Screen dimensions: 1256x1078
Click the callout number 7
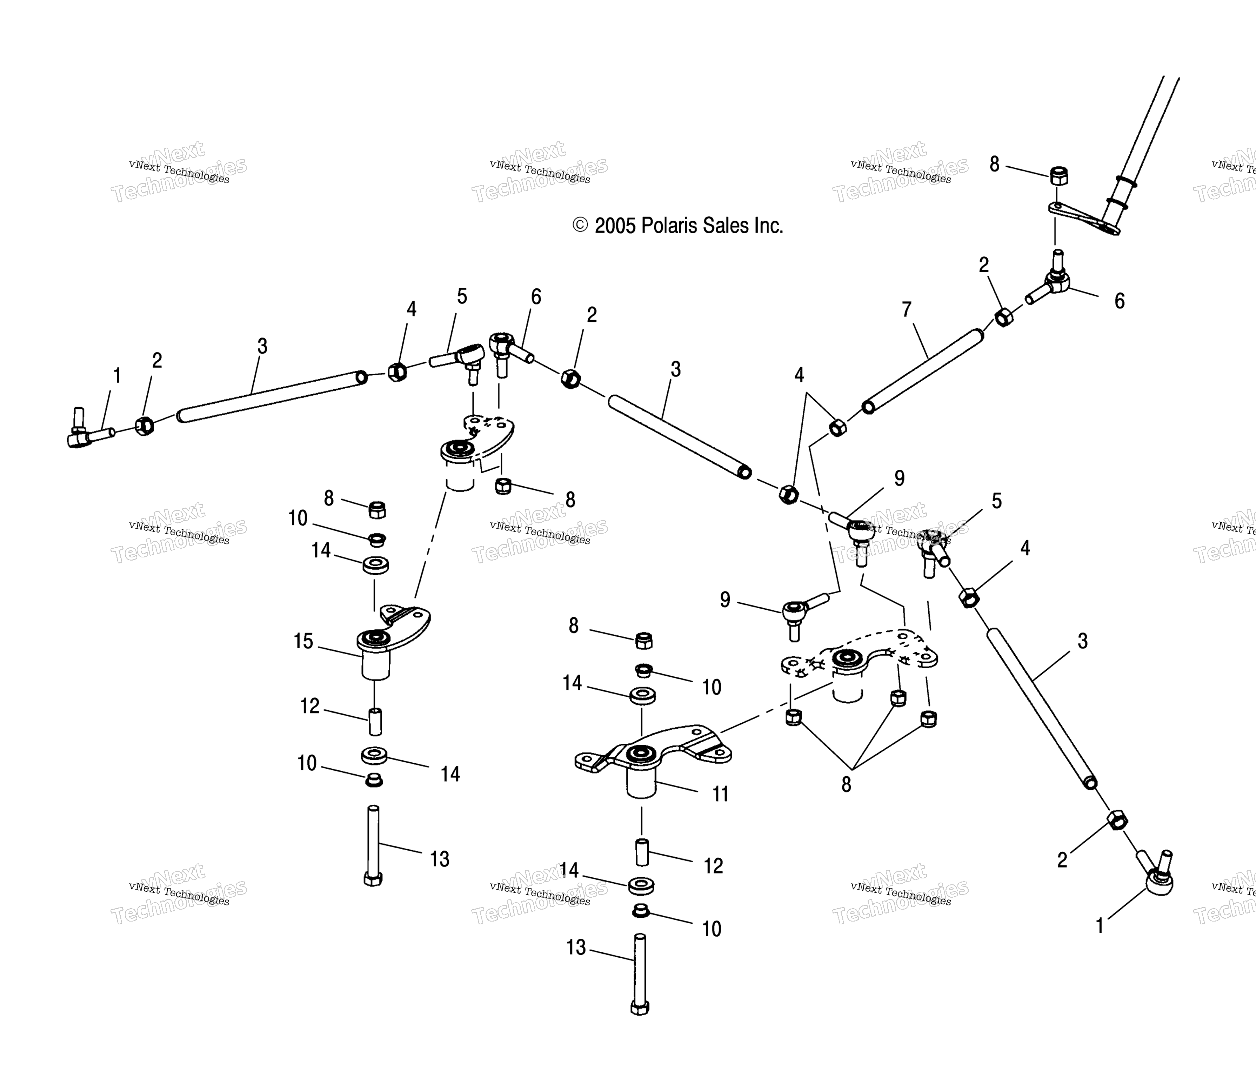click(906, 310)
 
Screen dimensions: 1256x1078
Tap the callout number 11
click(720, 794)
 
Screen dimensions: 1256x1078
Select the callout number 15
click(303, 641)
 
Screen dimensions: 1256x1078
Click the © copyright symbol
click(580, 226)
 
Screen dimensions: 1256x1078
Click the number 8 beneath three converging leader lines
click(846, 784)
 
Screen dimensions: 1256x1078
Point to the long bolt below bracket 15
click(373, 846)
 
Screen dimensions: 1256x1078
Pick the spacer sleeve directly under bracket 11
click(642, 852)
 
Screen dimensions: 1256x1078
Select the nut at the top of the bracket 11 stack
click(644, 640)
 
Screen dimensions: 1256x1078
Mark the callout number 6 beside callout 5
click(536, 296)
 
